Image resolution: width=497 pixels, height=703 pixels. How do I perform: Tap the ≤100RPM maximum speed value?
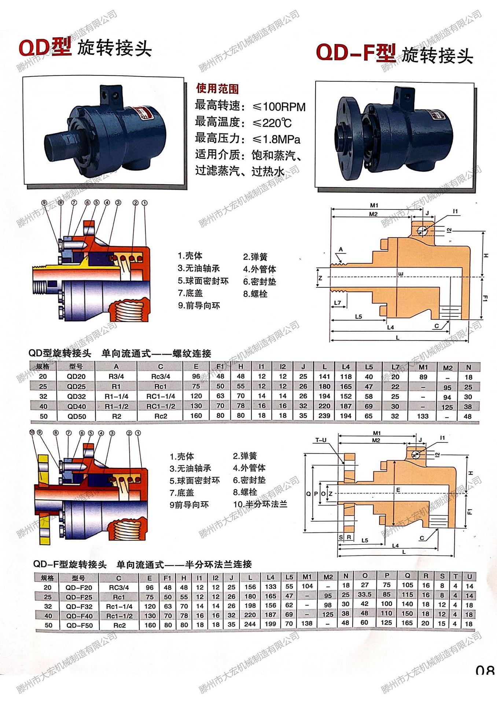click(279, 107)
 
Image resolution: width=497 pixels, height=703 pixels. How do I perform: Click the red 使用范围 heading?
click(217, 88)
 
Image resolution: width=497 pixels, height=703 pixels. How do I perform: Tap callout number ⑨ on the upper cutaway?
click(44, 202)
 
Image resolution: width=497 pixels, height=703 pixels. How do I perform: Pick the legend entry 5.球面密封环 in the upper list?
click(203, 281)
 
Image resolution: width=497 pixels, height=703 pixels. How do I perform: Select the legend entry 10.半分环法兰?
click(260, 504)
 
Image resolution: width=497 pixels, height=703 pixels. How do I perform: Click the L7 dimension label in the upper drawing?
click(338, 303)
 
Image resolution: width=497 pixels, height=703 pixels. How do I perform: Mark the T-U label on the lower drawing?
click(321, 440)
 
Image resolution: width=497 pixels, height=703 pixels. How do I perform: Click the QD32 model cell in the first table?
click(76, 396)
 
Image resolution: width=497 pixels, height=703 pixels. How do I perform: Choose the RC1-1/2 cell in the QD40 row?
click(161, 406)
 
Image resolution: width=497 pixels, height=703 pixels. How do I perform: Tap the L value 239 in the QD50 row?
click(324, 416)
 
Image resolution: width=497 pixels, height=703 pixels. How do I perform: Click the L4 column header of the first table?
click(346, 367)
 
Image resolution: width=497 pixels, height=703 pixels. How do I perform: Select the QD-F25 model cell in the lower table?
click(79, 597)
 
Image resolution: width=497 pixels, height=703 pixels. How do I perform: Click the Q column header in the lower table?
click(407, 576)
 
